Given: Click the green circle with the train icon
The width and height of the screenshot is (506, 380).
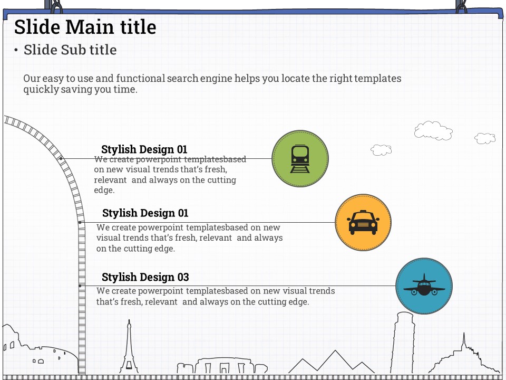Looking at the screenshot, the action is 300,159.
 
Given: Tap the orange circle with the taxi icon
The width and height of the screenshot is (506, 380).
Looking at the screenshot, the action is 363,222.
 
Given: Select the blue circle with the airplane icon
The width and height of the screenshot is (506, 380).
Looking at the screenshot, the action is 424,286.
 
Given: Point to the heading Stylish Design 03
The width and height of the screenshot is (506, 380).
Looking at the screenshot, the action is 145,277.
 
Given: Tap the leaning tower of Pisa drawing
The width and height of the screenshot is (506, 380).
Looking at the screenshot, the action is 402,343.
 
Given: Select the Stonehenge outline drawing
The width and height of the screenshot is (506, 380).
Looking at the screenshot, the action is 222,365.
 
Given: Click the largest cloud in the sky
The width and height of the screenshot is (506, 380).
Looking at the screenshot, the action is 433,131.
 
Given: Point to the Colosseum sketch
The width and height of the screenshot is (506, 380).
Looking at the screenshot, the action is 38,350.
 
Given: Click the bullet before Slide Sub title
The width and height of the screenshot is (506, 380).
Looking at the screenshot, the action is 16,50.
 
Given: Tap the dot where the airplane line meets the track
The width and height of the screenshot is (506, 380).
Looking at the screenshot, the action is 80,286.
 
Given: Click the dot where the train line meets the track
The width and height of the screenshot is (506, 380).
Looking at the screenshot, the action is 61,159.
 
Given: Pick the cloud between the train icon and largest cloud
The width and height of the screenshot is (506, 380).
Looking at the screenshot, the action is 381,150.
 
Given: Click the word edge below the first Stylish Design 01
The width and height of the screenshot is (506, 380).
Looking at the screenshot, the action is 104,191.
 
